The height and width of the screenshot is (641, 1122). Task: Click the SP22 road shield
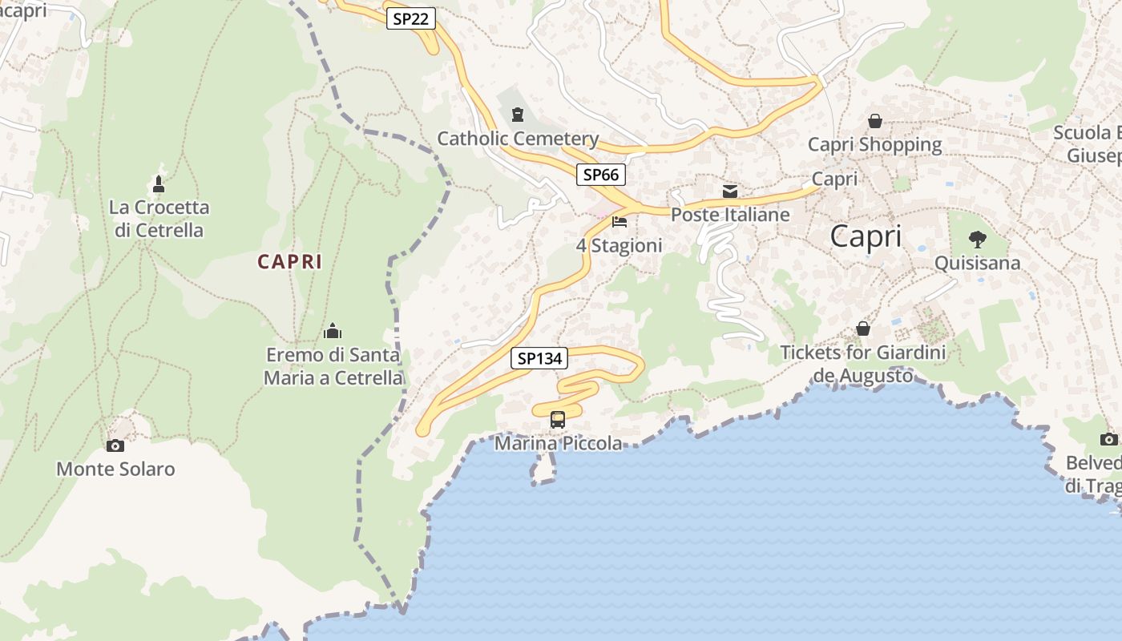(x=411, y=18)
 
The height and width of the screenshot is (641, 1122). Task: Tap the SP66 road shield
(x=601, y=174)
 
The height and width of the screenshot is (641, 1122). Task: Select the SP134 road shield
(x=539, y=358)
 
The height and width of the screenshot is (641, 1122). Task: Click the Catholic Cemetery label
(x=518, y=139)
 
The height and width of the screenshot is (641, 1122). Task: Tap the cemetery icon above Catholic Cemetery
(x=518, y=115)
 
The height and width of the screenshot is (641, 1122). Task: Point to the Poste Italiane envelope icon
(x=730, y=191)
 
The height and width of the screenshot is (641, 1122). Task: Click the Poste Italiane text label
(x=730, y=215)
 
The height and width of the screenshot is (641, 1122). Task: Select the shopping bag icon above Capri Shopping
(x=874, y=121)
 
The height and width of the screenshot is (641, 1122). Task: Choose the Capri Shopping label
(x=874, y=144)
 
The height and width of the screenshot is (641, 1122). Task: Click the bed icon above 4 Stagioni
(x=620, y=222)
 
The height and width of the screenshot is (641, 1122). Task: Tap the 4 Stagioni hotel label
(x=620, y=245)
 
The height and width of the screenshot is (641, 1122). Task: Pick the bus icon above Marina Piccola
(x=558, y=419)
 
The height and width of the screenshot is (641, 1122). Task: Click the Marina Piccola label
(x=558, y=443)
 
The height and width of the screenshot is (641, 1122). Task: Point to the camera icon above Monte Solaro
(x=115, y=445)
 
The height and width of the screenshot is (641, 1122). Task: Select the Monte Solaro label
(x=115, y=469)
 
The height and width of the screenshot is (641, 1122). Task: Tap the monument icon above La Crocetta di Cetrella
(x=159, y=184)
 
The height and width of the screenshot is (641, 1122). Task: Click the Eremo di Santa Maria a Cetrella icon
(x=333, y=331)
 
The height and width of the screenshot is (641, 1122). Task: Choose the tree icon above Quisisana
(x=977, y=239)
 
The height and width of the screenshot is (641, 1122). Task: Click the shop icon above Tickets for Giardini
(x=863, y=329)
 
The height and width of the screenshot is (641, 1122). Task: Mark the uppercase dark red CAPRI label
(x=290, y=261)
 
